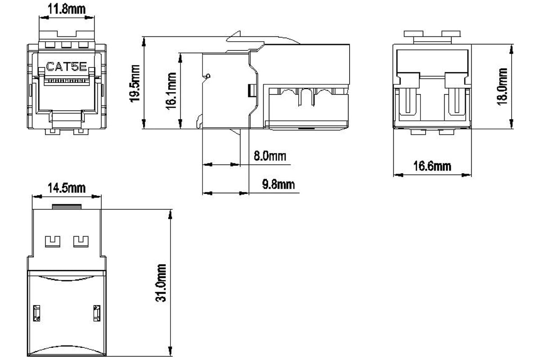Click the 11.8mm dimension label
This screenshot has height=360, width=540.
tap(67, 9)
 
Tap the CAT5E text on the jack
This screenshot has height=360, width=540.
tap(66, 67)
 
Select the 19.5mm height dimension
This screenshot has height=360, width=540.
tap(135, 83)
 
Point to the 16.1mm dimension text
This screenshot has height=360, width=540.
tap(171, 90)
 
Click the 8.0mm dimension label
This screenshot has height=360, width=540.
tap(270, 156)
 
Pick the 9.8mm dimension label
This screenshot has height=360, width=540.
tap(279, 184)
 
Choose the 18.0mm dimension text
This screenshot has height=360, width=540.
tap(502, 86)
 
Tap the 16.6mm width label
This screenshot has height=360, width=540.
tap(432, 166)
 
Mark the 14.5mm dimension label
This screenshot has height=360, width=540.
tap(67, 188)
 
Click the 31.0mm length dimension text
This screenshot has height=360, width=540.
tap(161, 283)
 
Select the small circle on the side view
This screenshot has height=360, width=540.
tap(208, 76)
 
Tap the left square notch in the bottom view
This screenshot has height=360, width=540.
tap(53, 241)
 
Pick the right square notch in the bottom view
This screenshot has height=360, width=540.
tap(81, 241)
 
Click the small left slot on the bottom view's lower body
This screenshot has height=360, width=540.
tap(36, 313)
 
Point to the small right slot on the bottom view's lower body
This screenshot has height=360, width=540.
tap(97, 313)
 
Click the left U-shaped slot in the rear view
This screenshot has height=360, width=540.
tap(408, 102)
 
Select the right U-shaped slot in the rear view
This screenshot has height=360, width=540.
tap(457, 102)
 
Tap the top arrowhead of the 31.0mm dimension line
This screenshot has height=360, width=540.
tap(171, 214)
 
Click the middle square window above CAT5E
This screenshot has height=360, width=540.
tap(66, 45)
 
